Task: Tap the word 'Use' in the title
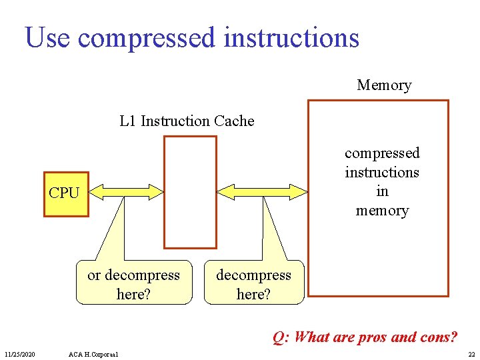click(x=47, y=38)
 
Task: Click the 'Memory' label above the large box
click(x=384, y=85)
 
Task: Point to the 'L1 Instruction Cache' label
click(x=187, y=121)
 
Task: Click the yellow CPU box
click(x=66, y=193)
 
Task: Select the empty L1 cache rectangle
click(x=191, y=192)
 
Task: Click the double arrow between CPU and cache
click(x=126, y=192)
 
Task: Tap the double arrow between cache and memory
click(x=262, y=192)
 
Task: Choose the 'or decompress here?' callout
click(x=133, y=283)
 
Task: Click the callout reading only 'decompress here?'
click(x=253, y=283)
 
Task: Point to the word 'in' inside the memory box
click(x=382, y=191)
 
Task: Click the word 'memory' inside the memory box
click(x=382, y=211)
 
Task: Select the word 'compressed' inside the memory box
click(x=382, y=153)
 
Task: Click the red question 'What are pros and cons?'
click(x=365, y=337)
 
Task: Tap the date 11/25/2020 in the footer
click(x=20, y=353)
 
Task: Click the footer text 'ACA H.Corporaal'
click(x=93, y=353)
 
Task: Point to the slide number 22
click(x=471, y=353)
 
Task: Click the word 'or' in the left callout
click(x=94, y=275)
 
